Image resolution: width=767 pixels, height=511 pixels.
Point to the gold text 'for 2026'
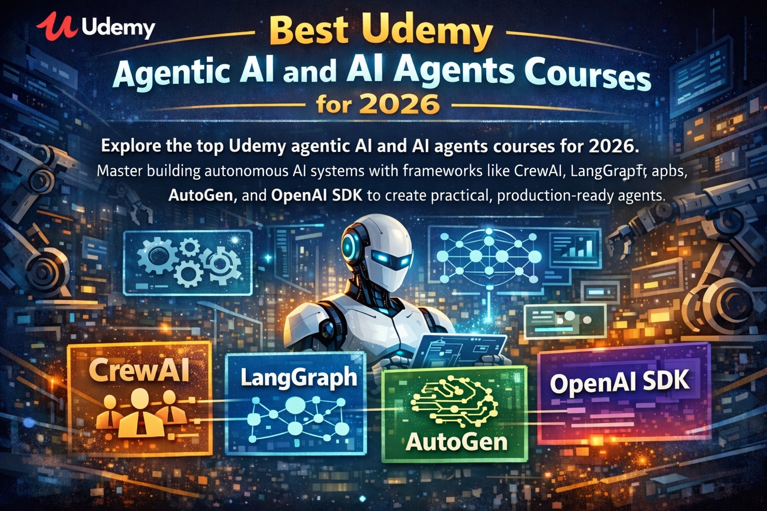[378, 105]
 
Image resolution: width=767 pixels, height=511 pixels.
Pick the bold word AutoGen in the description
[201, 195]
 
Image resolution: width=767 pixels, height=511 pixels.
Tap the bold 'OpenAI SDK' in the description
[317, 195]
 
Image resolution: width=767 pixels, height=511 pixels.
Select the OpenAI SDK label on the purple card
[619, 382]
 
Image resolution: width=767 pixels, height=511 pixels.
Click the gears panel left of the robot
[188, 262]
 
